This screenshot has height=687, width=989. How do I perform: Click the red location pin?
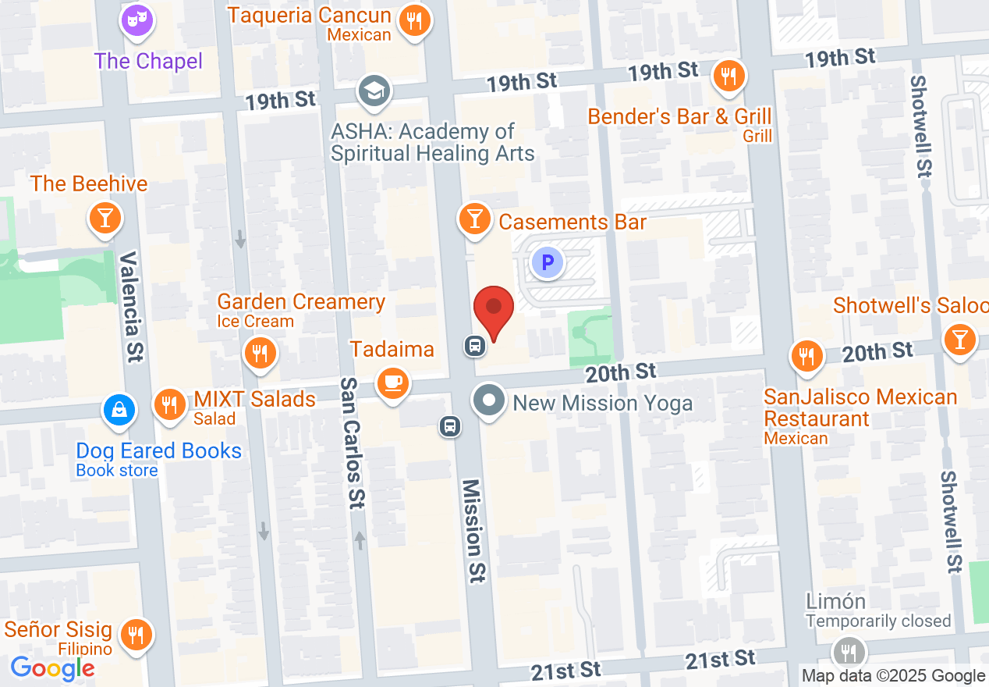pyautogui.click(x=494, y=311)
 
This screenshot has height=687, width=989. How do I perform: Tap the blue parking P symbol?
pyautogui.click(x=548, y=263)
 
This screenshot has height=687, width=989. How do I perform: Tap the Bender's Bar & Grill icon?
pyautogui.click(x=728, y=77)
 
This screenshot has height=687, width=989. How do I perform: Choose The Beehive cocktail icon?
pyautogui.click(x=105, y=218)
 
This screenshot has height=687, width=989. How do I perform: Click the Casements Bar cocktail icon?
pyautogui.click(x=474, y=218)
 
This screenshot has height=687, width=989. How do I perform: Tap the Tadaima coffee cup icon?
pyautogui.click(x=392, y=383)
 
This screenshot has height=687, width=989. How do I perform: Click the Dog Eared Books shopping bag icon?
pyautogui.click(x=119, y=409)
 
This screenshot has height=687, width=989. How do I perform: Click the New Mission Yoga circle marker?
pyautogui.click(x=490, y=401)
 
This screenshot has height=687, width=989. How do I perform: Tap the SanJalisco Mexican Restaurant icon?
pyautogui.click(x=808, y=356)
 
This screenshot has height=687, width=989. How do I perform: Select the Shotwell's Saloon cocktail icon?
pyautogui.click(x=959, y=339)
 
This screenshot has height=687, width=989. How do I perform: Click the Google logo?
pyautogui.click(x=53, y=668)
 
